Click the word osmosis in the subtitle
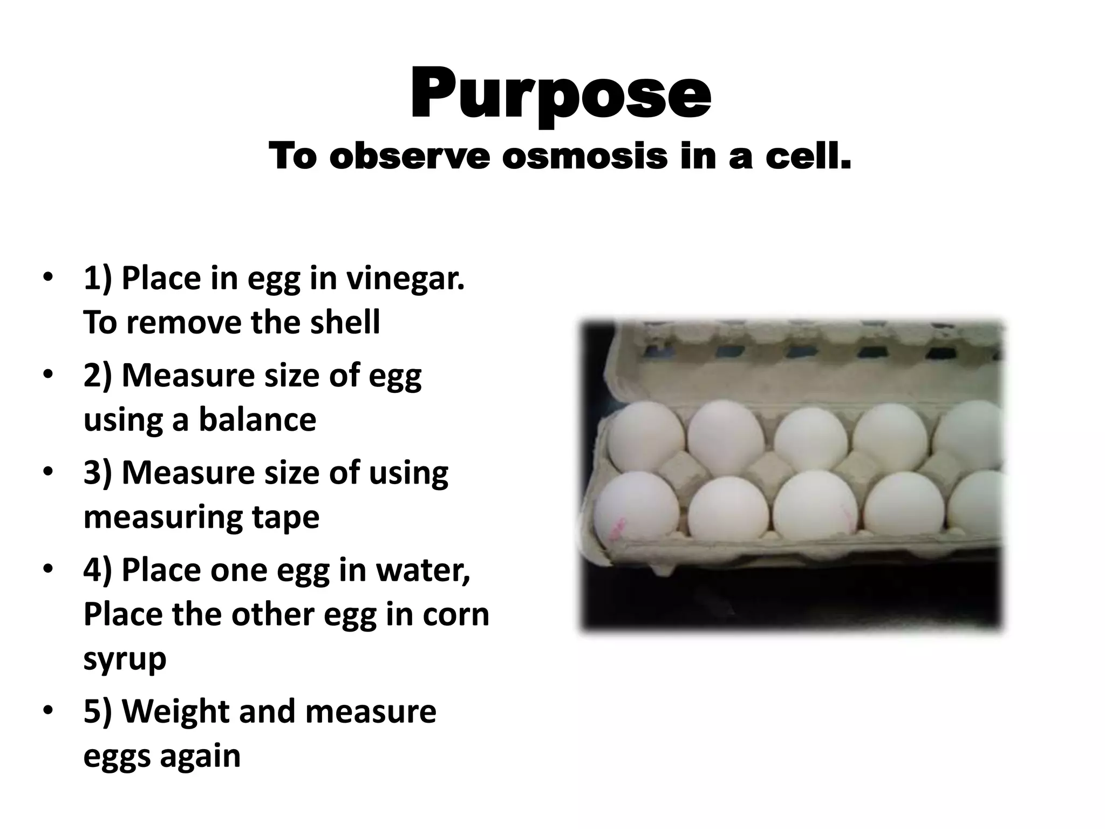click(585, 157)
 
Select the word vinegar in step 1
click(405, 280)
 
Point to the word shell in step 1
click(345, 322)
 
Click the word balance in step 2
click(258, 419)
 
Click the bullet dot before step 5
click(48, 710)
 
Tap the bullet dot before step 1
click(48, 278)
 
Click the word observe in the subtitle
click(410, 157)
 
